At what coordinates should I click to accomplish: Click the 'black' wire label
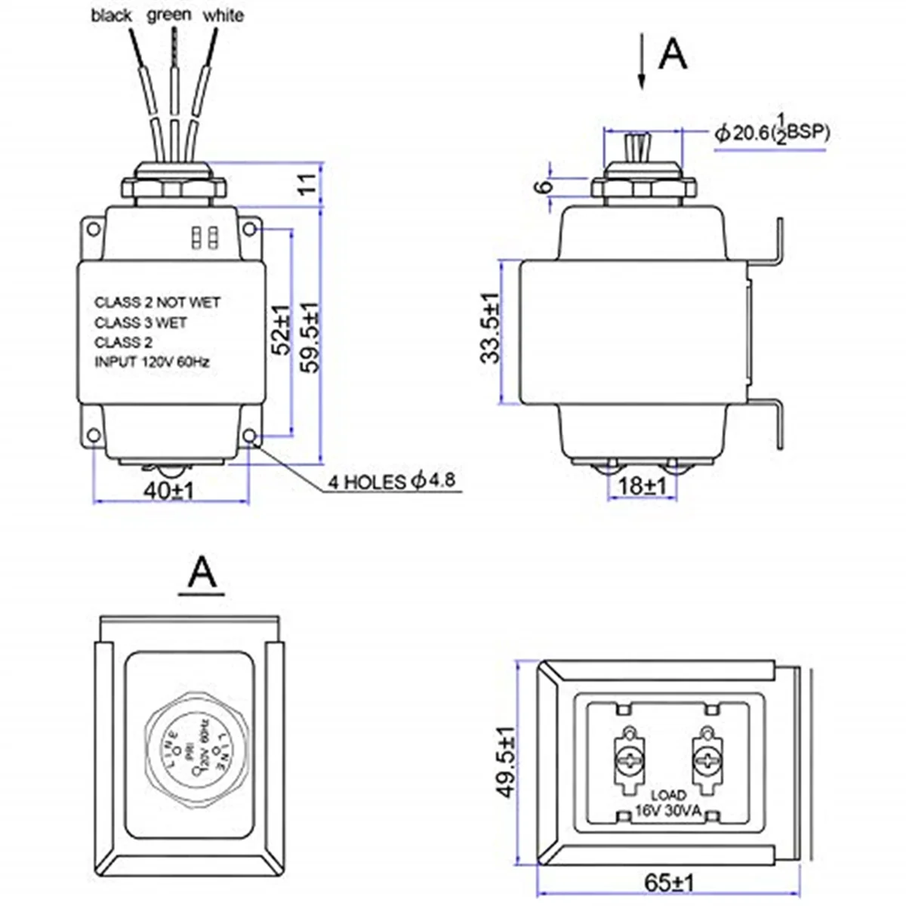coord(111,15)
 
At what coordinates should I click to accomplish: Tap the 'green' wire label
coord(169,15)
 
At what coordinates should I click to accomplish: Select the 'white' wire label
coord(223,15)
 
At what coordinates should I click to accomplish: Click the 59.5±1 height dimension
coord(310,337)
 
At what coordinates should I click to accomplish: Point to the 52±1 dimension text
coord(280,330)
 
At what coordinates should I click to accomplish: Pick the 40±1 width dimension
coord(170,490)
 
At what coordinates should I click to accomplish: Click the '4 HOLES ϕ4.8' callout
coord(392,481)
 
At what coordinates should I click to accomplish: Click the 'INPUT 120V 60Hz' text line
coord(152,362)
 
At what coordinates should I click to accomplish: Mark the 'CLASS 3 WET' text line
coord(140,322)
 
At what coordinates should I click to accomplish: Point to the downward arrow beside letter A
coord(641,63)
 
